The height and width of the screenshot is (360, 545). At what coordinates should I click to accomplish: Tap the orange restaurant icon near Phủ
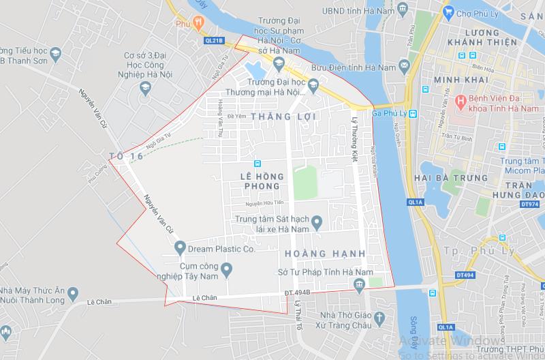198,22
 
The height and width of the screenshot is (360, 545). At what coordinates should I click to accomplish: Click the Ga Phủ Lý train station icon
413,113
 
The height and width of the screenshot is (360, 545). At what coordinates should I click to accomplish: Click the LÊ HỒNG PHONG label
260,181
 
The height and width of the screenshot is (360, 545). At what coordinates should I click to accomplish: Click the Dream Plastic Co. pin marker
180,247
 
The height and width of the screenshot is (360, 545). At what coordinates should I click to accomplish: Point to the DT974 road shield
529,203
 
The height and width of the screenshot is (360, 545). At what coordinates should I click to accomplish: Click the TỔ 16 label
126,157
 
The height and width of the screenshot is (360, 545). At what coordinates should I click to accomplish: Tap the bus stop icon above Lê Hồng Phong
258,164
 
